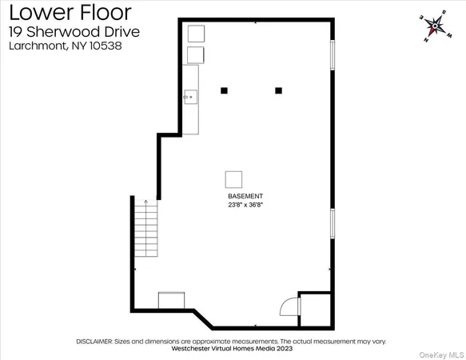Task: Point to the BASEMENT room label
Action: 245,196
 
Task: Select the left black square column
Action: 225,90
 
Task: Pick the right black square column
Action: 279,90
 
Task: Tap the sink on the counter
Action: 191,98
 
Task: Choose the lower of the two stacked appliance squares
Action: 196,54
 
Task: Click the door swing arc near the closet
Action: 287,307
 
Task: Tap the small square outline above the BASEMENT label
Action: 233,178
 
